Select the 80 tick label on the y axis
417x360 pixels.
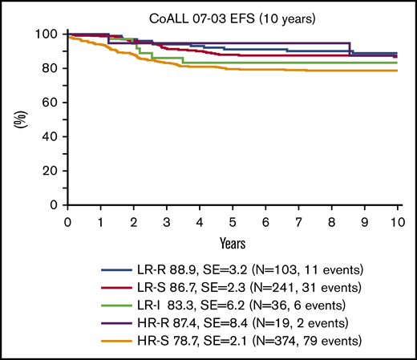[53, 69]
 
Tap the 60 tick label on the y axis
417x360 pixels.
[53, 103]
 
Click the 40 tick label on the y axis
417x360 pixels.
[53, 137]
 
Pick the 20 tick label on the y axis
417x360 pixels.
[53, 171]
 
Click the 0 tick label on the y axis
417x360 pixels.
[56, 205]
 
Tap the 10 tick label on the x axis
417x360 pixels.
[398, 220]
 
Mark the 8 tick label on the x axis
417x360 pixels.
[332, 220]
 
